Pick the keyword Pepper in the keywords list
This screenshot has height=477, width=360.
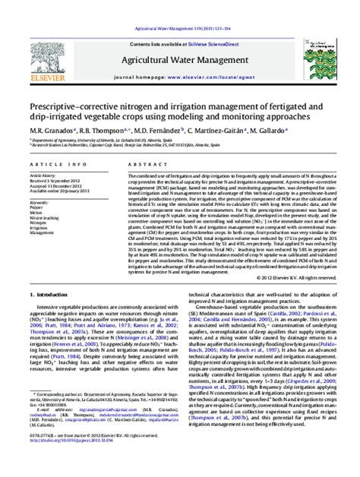tap(36, 208)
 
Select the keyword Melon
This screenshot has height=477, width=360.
tap(36, 213)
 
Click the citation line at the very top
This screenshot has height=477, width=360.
tap(179, 7)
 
